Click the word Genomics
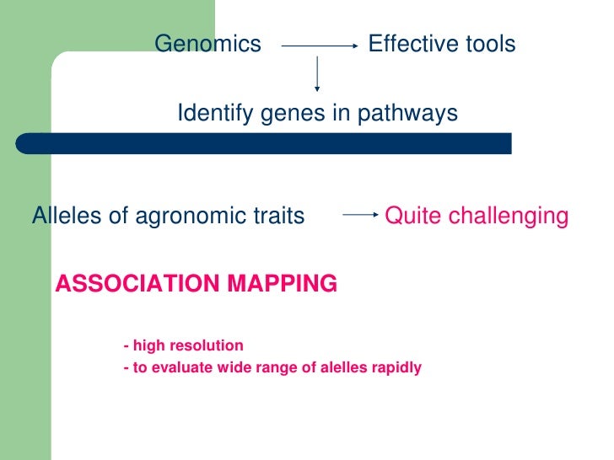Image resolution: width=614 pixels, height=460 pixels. coord(208,44)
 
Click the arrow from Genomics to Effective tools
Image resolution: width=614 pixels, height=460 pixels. coord(319,47)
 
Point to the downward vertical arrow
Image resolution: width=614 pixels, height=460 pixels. coord(317,74)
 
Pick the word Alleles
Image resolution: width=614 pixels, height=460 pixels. coord(67,217)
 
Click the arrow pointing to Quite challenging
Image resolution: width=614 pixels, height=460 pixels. coord(360,216)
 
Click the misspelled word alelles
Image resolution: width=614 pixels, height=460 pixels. coord(337,368)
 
